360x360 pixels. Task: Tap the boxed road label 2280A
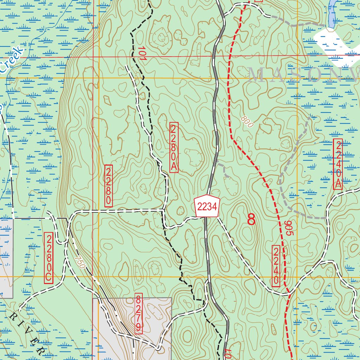(174, 148)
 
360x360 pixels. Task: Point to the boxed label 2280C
(49, 258)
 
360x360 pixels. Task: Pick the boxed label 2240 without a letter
(276, 266)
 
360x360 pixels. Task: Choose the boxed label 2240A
(338, 164)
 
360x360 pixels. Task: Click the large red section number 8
(251, 219)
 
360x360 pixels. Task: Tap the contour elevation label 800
(247, 122)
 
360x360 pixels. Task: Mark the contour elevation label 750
(80, 262)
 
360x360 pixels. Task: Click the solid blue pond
(331, 14)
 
